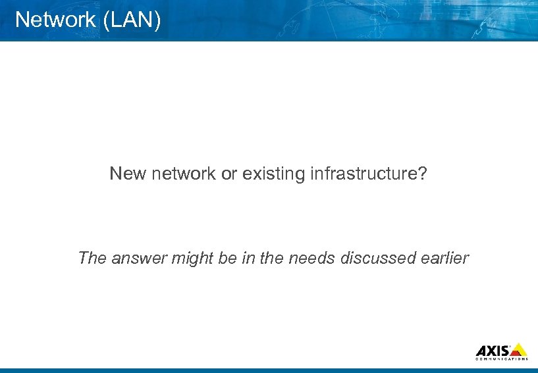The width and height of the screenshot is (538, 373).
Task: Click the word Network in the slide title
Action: [x=55, y=20]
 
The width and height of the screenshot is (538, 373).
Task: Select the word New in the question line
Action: [x=124, y=174]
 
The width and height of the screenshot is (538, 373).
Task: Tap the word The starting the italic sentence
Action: [x=92, y=258]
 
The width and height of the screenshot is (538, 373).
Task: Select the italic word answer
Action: [x=139, y=258]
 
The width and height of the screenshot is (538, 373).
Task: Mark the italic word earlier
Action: [x=444, y=258]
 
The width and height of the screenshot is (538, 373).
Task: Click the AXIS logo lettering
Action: [x=492, y=350]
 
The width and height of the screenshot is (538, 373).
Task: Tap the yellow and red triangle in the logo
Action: [x=519, y=349]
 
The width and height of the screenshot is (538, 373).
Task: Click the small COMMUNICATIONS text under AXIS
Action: [x=501, y=359]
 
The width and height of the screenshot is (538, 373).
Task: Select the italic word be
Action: [x=227, y=258]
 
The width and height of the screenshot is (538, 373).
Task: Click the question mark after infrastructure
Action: [x=423, y=174]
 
